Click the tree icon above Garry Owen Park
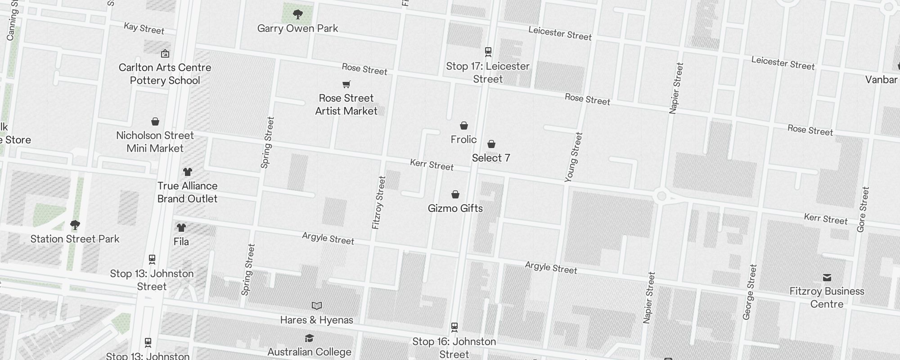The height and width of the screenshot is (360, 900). [x=297, y=14]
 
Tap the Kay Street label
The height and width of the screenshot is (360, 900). [x=144, y=28]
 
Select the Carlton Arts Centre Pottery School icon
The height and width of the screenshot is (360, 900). [x=165, y=54]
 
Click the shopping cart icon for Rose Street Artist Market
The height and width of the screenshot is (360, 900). [x=346, y=84]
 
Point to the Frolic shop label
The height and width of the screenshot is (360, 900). [x=463, y=139]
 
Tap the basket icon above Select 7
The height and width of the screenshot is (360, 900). [x=491, y=144]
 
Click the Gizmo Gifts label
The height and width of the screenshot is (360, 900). [x=455, y=208]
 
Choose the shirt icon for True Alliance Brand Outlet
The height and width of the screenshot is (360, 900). [x=188, y=172]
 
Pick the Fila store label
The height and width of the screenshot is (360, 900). [x=181, y=242]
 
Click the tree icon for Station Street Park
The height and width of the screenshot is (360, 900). [x=75, y=225]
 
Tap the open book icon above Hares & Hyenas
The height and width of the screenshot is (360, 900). [x=317, y=306]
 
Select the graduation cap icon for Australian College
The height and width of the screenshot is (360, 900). [x=309, y=338]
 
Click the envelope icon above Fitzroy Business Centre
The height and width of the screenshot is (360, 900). [x=827, y=277]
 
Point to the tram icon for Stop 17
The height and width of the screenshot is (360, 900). [x=488, y=51]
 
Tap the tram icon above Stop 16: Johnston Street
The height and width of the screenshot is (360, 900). [x=454, y=327]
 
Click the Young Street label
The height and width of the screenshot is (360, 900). [x=573, y=157]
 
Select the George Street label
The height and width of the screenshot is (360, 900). [x=750, y=292]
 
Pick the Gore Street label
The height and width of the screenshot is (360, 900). [x=863, y=209]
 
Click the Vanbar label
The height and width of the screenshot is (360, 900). [x=881, y=80]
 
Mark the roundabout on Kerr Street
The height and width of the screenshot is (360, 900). [x=661, y=196]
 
